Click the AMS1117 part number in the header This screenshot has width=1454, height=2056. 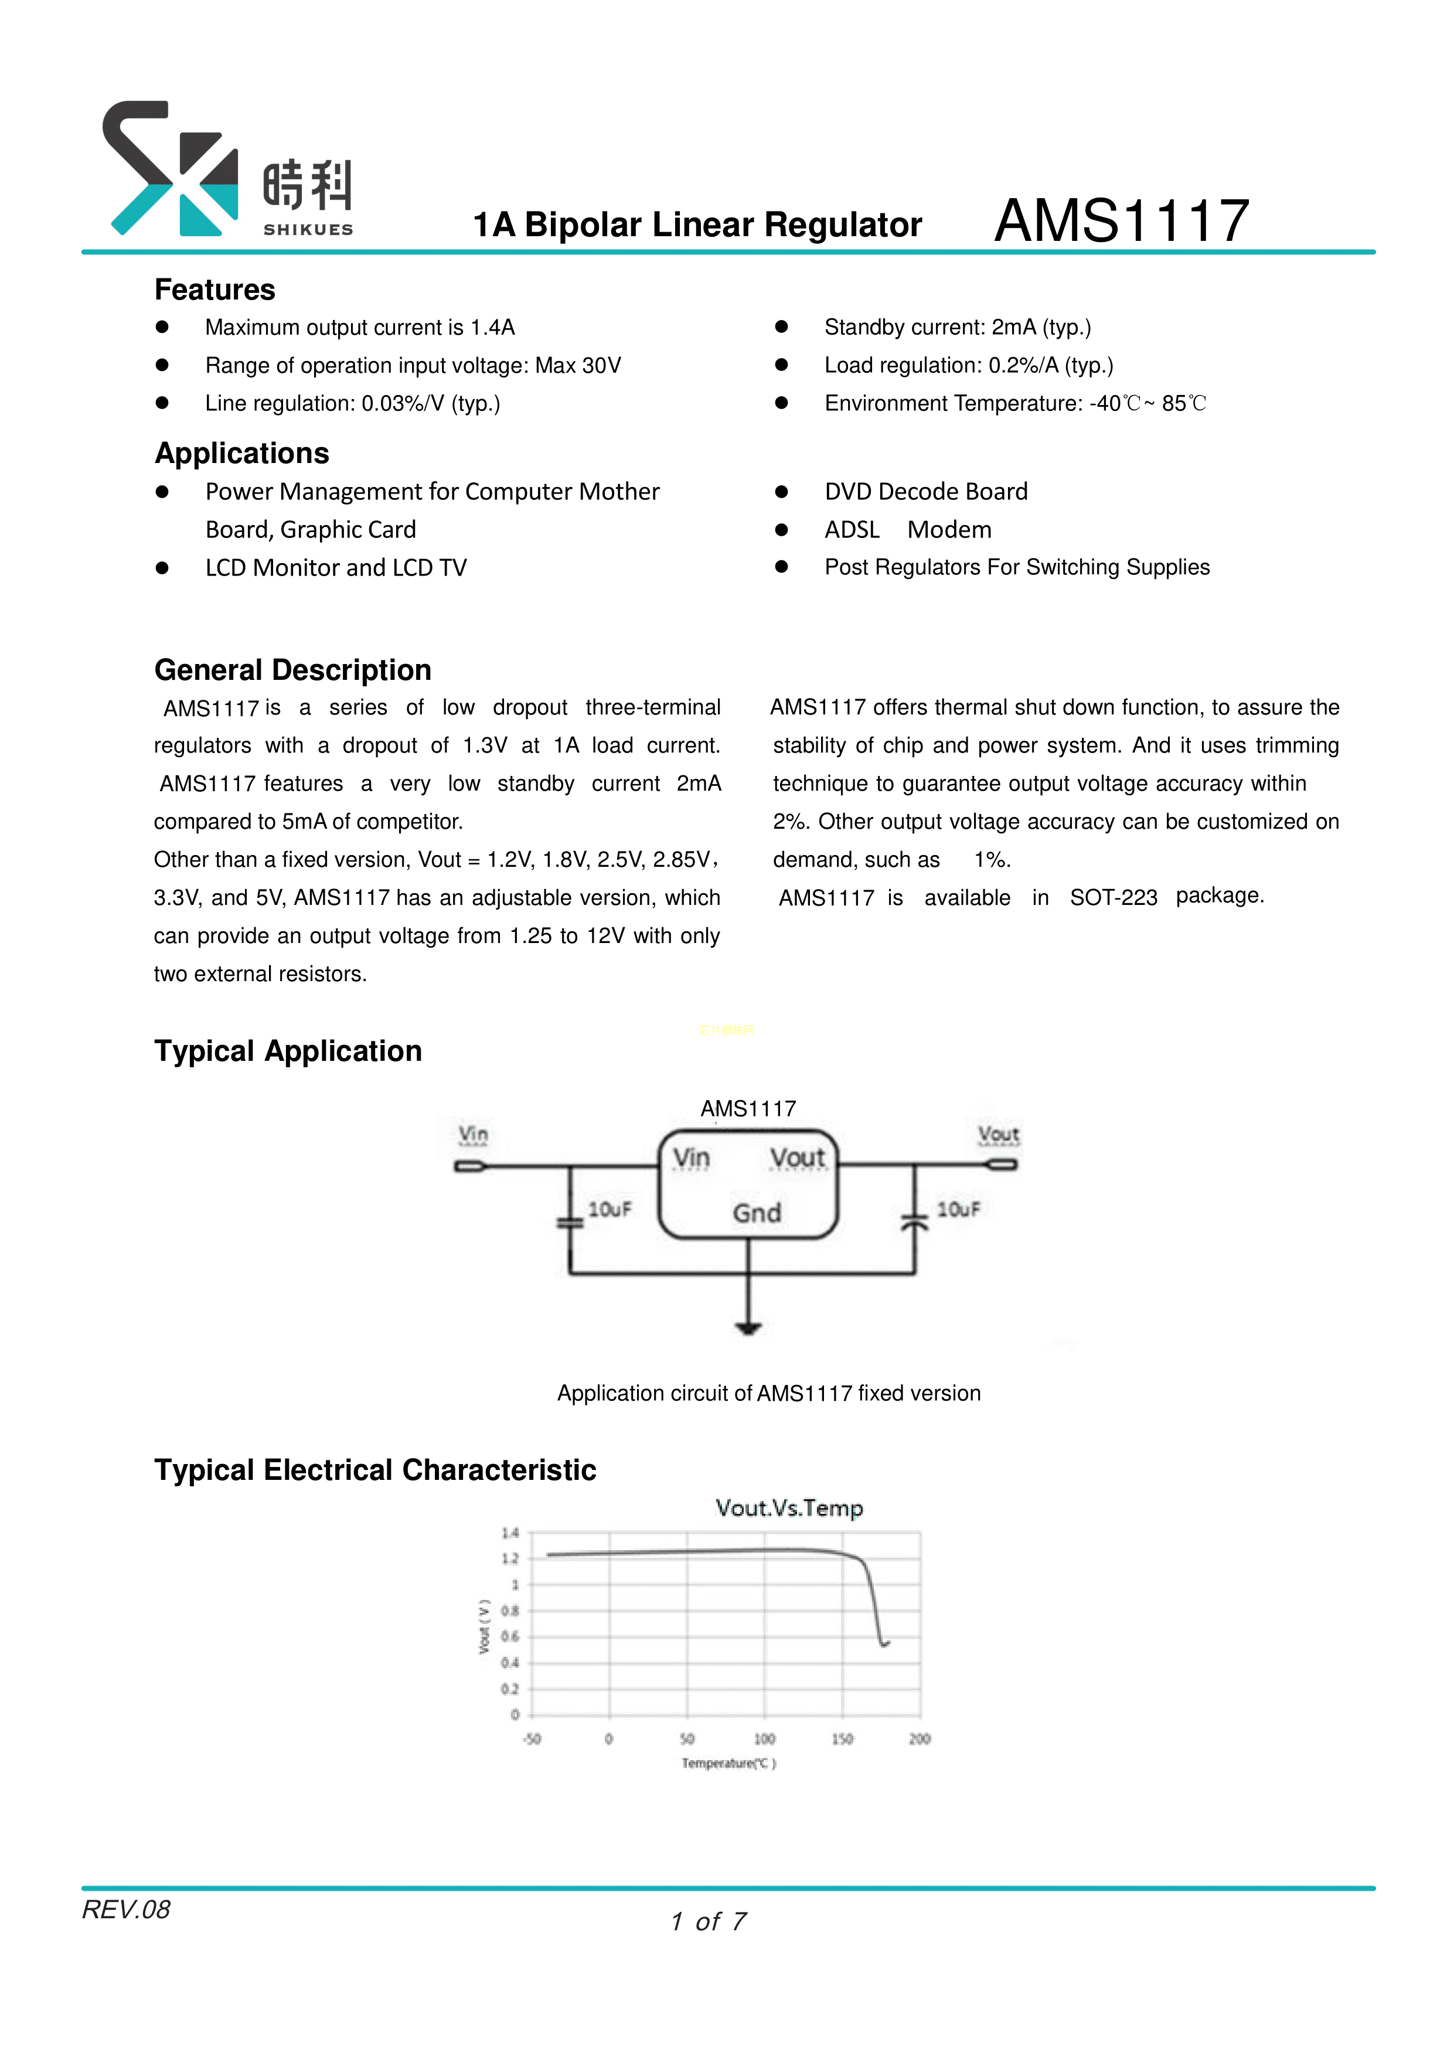tap(1121, 220)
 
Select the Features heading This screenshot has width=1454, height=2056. tap(215, 290)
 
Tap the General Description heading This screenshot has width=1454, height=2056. tap(293, 670)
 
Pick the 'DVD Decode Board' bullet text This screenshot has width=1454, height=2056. tap(926, 492)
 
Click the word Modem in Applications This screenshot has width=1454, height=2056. tap(949, 530)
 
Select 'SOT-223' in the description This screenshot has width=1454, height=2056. tap(1113, 897)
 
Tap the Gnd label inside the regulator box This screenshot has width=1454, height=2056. tap(757, 1213)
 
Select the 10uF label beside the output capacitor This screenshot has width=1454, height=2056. tap(958, 1210)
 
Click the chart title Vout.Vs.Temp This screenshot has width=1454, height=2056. tap(789, 1508)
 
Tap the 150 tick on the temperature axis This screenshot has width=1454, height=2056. tap(842, 1739)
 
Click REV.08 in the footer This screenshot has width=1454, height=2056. tap(126, 1910)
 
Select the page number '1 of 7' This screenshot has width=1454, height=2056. tap(708, 1922)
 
